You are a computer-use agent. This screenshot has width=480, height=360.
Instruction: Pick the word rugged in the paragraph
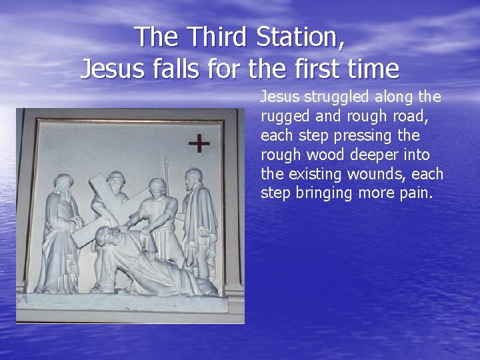283,117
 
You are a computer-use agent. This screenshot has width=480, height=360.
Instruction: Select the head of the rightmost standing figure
194,177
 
